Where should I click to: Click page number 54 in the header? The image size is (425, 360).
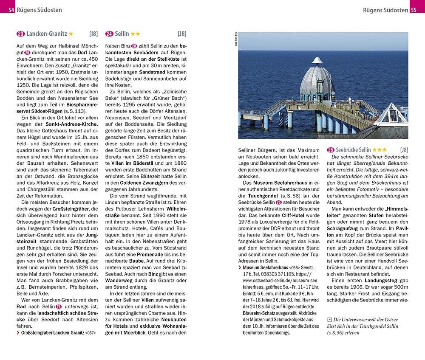[x=11, y=10]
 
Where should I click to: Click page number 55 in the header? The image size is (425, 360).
[x=414, y=10]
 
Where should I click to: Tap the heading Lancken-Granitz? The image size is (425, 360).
[x=46, y=34]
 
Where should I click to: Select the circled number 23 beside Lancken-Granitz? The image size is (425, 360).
[x=20, y=34]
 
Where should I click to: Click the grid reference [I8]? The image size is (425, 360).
[x=93, y=34]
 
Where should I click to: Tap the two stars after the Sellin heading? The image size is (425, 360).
[x=136, y=34]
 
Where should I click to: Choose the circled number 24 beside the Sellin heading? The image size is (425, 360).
[x=109, y=34]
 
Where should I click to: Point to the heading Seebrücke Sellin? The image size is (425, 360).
[x=353, y=150]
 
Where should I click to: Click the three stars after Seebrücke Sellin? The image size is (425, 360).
[x=380, y=150]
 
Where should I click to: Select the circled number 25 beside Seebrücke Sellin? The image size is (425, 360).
[x=330, y=150]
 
